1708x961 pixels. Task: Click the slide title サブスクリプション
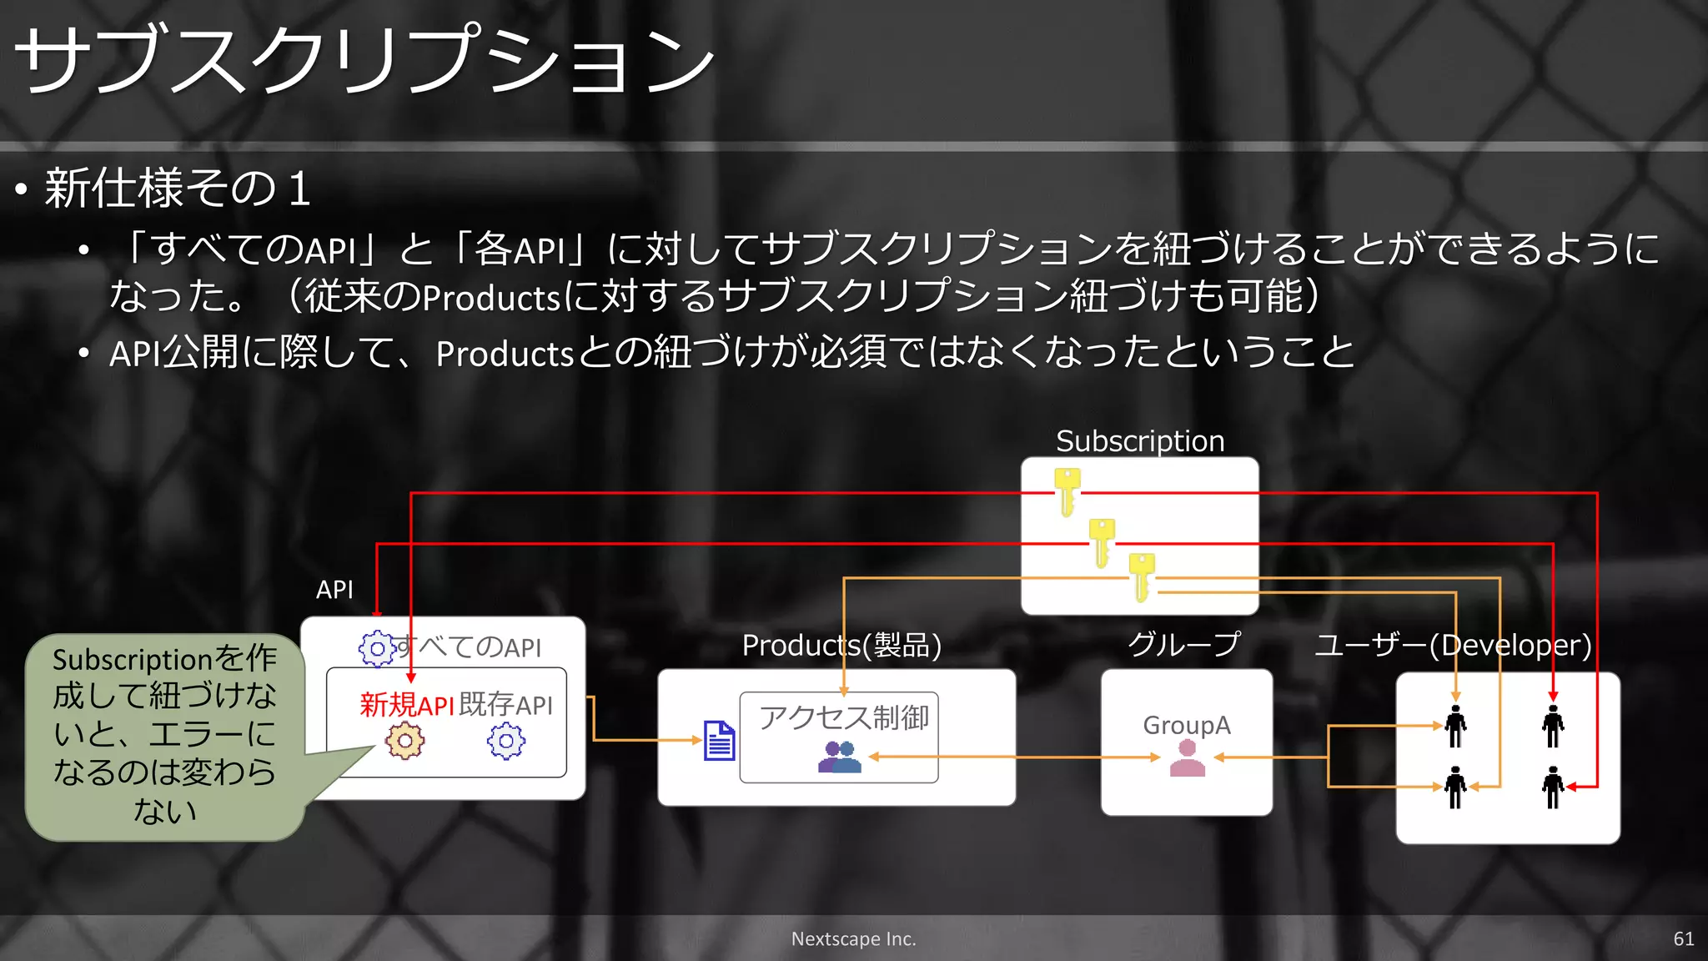(364, 60)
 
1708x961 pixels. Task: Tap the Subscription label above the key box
(1140, 440)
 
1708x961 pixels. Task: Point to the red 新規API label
(406, 705)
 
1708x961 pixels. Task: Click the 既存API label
(505, 705)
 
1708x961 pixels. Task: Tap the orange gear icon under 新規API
(405, 741)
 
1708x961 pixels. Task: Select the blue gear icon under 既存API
(506, 741)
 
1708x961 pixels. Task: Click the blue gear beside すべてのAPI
(377, 648)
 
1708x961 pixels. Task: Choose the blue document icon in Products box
(719, 740)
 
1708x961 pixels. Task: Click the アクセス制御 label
(843, 717)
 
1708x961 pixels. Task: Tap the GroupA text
(1186, 725)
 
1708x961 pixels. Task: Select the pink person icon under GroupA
(1187, 758)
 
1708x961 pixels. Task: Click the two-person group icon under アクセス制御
(839, 757)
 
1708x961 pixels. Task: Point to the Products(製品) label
(841, 645)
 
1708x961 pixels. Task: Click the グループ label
(1184, 644)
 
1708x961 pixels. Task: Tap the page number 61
(1683, 938)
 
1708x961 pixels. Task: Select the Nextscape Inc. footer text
(853, 938)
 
